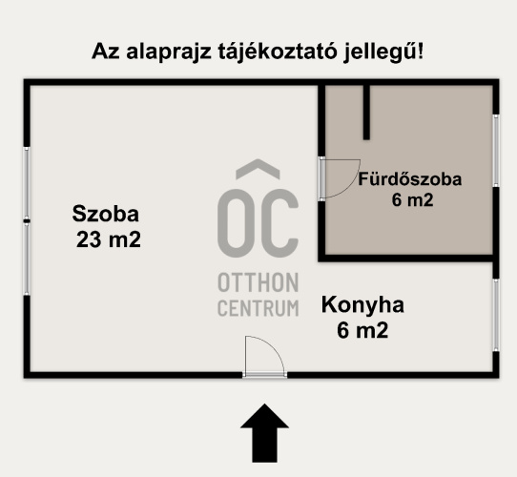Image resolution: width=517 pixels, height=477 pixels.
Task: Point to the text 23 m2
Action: pos(109,239)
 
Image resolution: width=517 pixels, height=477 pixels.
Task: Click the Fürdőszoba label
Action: pos(410,179)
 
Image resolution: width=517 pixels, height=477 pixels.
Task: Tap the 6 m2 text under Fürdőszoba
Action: pos(412,200)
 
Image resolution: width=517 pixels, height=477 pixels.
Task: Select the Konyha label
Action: pos(362,306)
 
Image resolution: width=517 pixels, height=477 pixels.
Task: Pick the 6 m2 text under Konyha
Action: pos(362,331)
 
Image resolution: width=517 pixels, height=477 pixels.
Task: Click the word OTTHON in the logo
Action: pos(258,283)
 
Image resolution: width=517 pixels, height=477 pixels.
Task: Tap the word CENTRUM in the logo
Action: pos(258,308)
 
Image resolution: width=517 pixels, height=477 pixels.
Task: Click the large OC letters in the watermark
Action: pos(258,220)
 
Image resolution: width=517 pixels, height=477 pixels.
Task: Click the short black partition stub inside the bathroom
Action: pos(365,112)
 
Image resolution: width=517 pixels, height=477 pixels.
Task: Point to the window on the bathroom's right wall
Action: pos(496,151)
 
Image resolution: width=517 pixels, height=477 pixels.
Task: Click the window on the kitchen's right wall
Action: pos(496,313)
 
